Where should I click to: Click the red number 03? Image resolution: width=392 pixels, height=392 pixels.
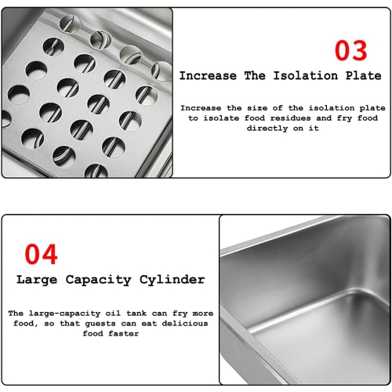pyautogui.click(x=351, y=50)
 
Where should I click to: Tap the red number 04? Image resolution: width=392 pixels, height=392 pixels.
pyautogui.click(x=41, y=254)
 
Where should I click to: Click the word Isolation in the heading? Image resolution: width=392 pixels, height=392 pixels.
pyautogui.click(x=306, y=76)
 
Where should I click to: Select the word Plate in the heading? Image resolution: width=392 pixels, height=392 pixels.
pyautogui.click(x=364, y=76)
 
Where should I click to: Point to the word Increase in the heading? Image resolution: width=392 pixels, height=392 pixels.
pyautogui.click(x=208, y=76)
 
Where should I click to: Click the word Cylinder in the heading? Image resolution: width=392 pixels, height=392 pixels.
pyautogui.click(x=172, y=280)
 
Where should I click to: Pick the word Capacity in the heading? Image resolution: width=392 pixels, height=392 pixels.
pyautogui.click(x=98, y=280)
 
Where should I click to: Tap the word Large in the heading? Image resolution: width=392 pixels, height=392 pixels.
pyautogui.click(x=37, y=280)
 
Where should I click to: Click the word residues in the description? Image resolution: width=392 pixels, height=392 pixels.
pyautogui.click(x=290, y=118)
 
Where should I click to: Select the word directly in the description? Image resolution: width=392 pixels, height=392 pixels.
pyautogui.click(x=267, y=129)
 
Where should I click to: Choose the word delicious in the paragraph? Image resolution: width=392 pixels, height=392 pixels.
pyautogui.click(x=185, y=324)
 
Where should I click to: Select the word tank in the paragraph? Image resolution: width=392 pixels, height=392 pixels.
pyautogui.click(x=136, y=314)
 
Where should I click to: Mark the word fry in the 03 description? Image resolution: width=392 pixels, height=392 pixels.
pyautogui.click(x=344, y=118)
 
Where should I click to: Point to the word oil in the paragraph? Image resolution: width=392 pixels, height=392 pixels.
pyautogui.click(x=113, y=314)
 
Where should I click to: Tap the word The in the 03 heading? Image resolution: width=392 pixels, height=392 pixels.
pyautogui.click(x=255, y=76)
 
